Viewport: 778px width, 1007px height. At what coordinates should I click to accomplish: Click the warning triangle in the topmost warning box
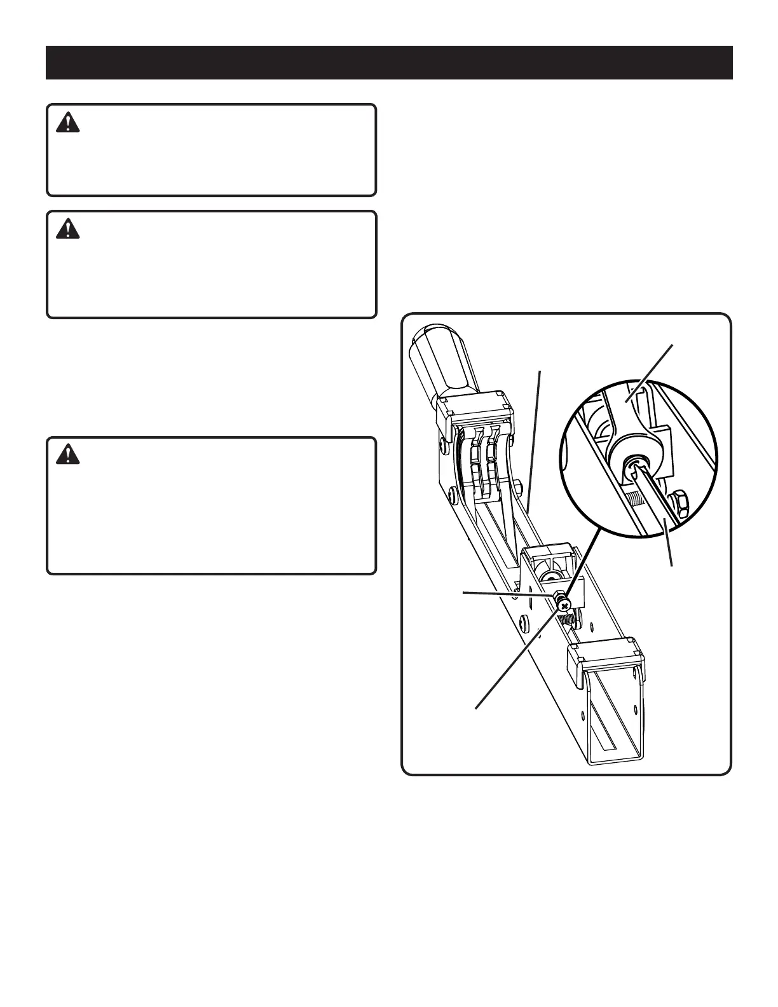[x=68, y=123]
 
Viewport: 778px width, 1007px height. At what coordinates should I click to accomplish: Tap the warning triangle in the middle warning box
[x=68, y=229]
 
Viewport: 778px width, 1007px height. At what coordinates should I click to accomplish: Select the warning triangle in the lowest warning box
[x=68, y=454]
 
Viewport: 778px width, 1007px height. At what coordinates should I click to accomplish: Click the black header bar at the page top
[x=389, y=62]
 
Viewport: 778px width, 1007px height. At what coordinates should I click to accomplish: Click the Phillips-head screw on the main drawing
[x=565, y=606]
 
